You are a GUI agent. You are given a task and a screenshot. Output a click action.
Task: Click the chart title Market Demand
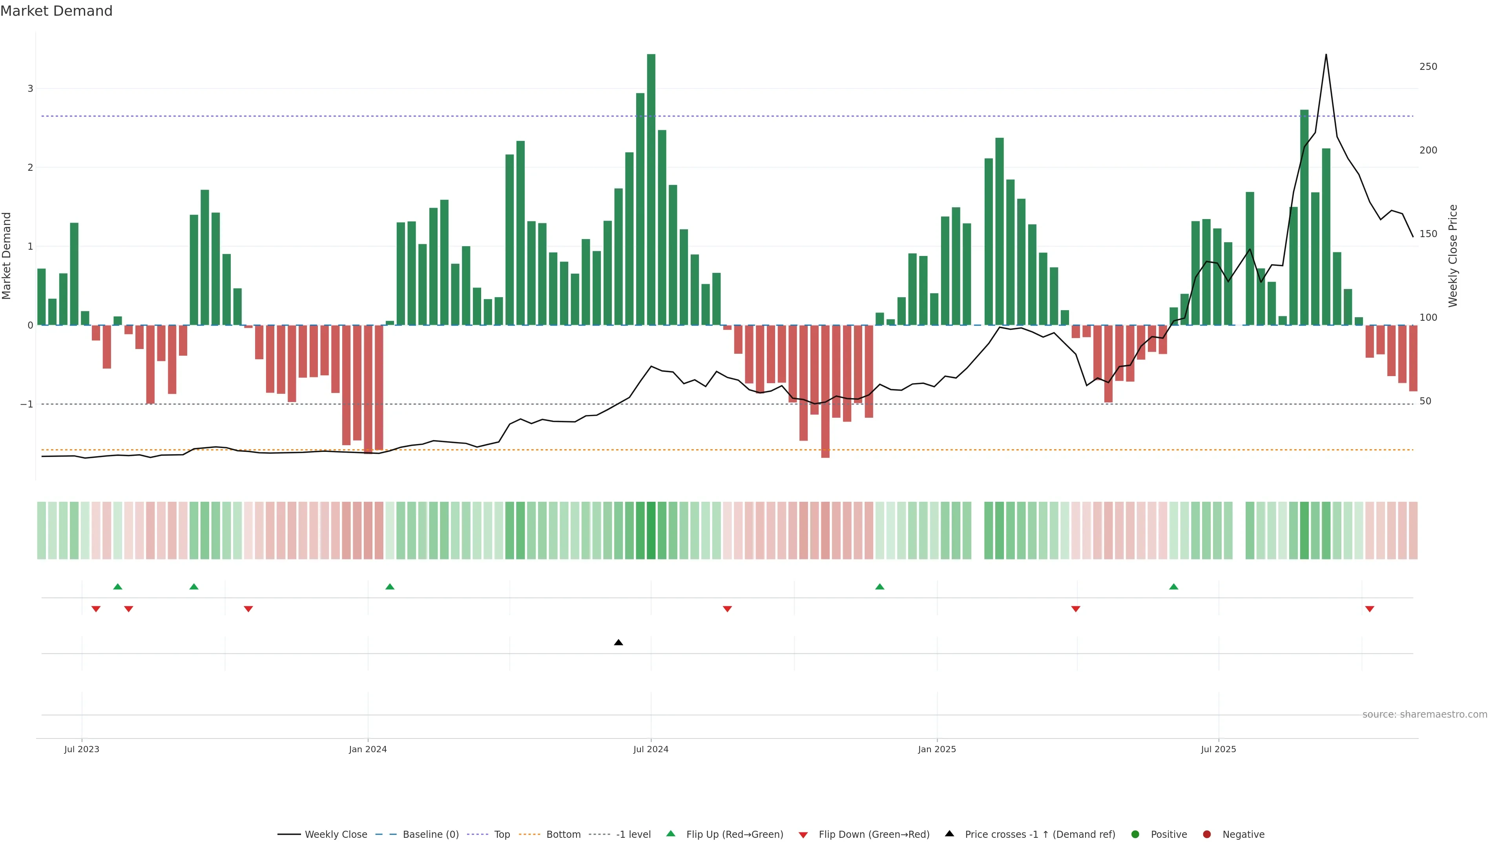point(56,11)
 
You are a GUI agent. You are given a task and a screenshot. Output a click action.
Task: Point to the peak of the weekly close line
point(1326,55)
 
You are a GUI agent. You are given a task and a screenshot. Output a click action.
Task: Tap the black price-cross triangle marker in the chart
point(618,643)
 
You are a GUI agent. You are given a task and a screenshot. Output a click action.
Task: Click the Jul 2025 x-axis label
point(1219,749)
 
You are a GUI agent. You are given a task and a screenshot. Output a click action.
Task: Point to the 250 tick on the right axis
point(1428,67)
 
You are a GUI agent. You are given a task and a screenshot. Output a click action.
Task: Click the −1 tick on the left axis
point(27,404)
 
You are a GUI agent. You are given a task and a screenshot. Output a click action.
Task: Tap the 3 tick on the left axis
point(31,89)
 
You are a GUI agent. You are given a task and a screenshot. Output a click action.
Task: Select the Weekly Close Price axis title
point(1453,256)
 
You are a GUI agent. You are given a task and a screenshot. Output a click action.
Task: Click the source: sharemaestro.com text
point(1425,715)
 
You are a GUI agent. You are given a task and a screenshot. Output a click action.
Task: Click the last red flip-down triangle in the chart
point(1370,609)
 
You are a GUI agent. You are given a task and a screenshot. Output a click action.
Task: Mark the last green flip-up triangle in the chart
point(1173,587)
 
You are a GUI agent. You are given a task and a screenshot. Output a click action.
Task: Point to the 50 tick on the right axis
point(1425,402)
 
